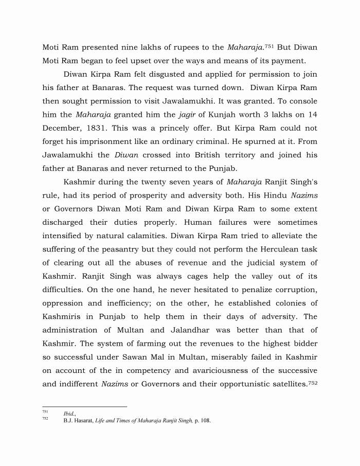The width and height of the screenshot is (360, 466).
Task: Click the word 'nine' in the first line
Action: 122,48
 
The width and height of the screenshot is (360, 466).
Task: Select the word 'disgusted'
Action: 159,75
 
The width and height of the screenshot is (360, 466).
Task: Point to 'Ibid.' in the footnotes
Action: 69,414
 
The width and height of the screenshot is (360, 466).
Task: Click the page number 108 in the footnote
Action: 205,421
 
